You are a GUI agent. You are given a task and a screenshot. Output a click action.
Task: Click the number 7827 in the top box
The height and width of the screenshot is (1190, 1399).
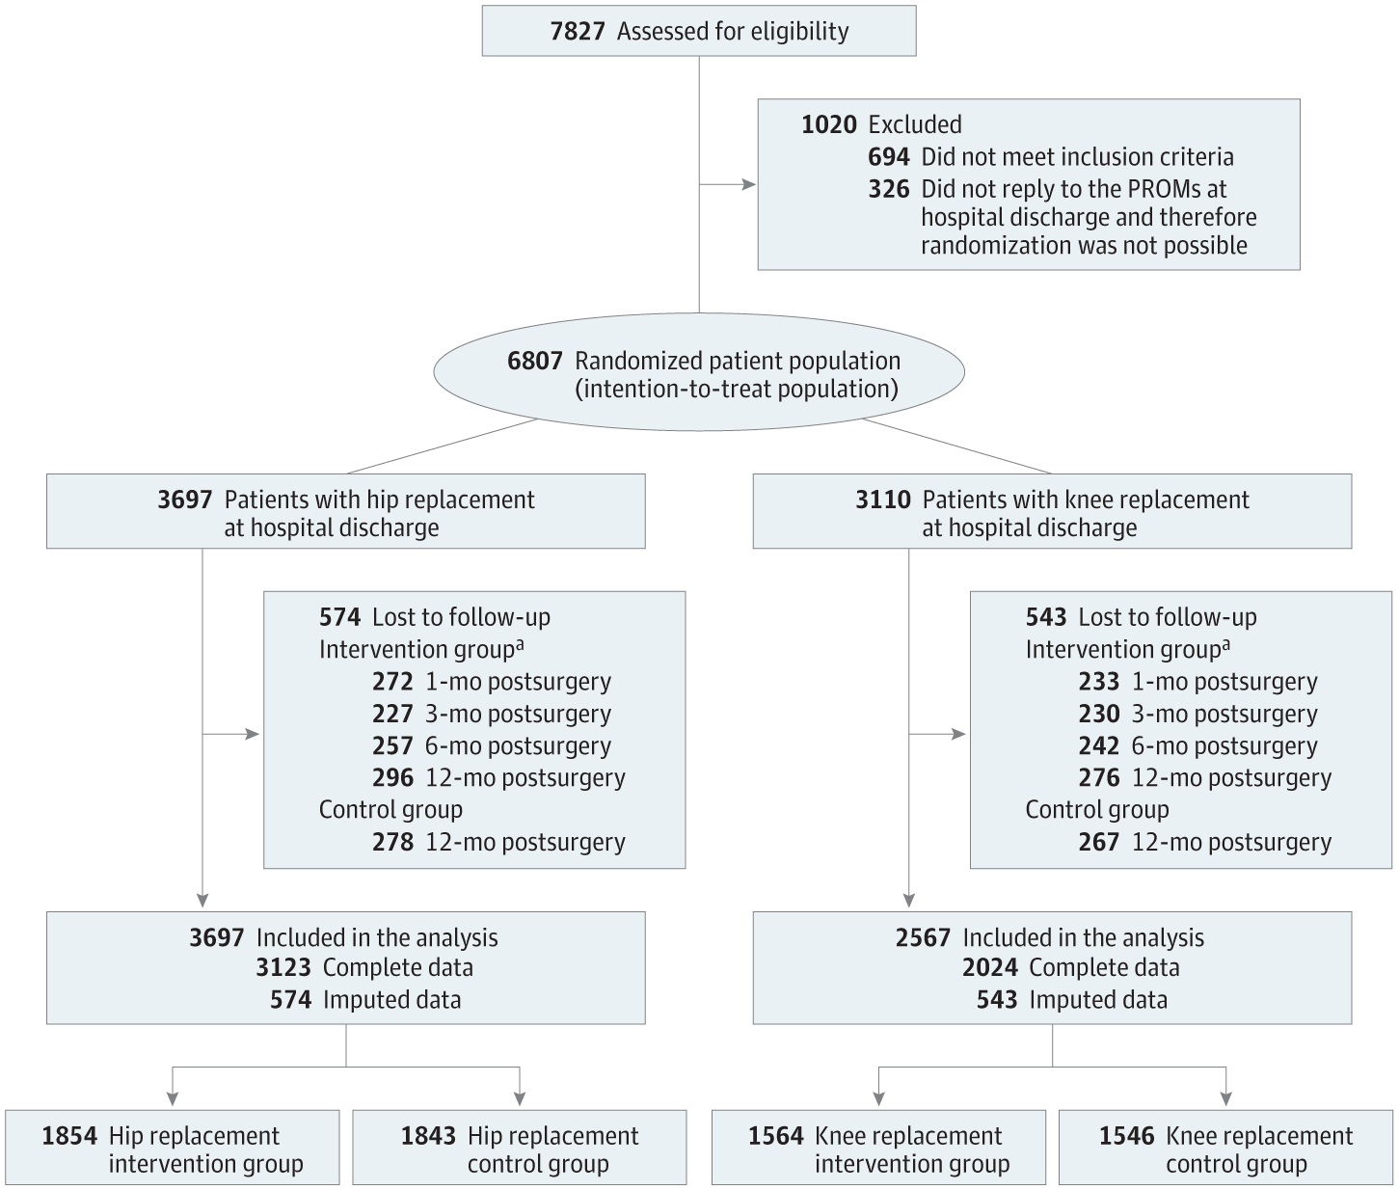[577, 31]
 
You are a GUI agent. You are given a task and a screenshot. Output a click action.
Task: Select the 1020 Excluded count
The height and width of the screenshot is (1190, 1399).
[828, 124]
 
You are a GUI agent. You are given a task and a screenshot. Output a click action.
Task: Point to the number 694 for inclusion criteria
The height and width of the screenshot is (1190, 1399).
[888, 156]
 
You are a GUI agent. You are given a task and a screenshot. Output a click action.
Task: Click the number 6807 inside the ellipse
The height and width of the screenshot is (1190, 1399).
[534, 361]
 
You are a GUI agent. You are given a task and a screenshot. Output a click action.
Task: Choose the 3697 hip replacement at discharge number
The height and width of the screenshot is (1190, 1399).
[184, 500]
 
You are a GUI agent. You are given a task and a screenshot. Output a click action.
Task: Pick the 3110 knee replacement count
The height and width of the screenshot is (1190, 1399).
[882, 500]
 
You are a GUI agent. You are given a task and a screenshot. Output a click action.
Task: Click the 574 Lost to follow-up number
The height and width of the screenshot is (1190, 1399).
[339, 617]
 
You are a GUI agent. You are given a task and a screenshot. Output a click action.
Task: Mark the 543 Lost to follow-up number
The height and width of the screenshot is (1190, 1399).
[1046, 617]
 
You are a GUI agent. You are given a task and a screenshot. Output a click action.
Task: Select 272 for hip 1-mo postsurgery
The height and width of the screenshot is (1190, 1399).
[392, 682]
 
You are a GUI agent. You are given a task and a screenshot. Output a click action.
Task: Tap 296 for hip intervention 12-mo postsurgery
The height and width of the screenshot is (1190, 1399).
[392, 777]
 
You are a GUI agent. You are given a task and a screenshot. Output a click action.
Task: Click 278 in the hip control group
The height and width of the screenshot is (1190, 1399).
[392, 842]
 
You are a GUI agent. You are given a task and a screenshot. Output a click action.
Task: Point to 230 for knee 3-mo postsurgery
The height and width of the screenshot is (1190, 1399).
[1099, 714]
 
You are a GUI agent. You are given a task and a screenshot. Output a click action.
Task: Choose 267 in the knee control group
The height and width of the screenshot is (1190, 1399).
[1099, 842]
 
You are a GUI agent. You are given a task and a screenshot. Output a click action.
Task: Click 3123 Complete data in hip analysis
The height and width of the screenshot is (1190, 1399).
[283, 967]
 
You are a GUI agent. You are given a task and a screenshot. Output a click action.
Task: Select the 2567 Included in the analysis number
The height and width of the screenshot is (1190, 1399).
[923, 937]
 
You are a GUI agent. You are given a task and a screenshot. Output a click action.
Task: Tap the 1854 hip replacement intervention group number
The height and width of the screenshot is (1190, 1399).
[69, 1136]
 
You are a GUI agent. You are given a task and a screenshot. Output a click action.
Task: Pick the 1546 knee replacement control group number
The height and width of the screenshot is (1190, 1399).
[1126, 1136]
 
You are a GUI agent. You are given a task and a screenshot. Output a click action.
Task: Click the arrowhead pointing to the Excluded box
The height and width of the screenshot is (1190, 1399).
[749, 183]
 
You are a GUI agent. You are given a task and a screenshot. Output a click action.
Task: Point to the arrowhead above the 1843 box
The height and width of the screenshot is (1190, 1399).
[520, 1097]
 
